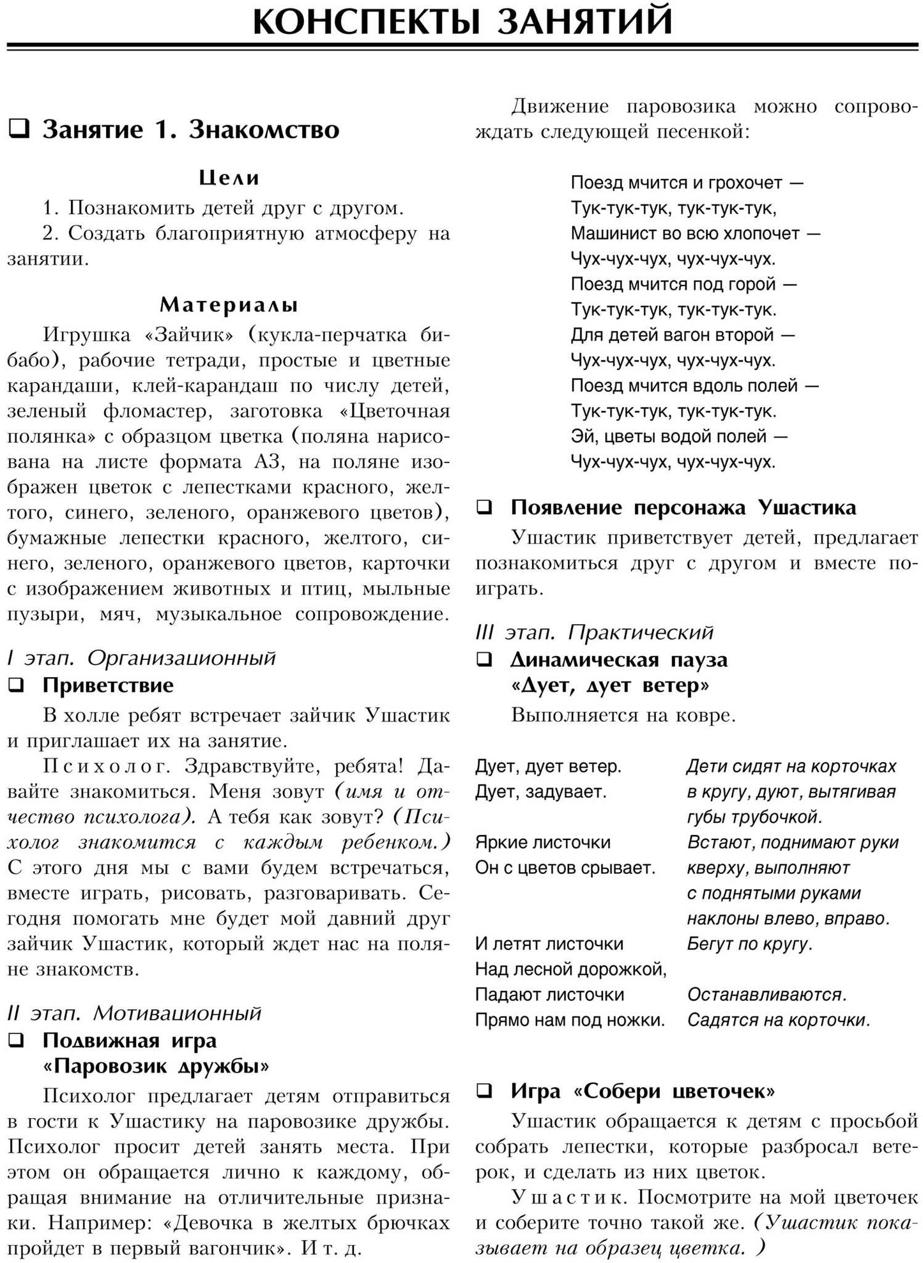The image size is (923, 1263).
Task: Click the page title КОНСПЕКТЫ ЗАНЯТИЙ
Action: pos(462,20)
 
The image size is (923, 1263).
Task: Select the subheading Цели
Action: pos(229,178)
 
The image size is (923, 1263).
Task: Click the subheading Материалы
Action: pos(229,305)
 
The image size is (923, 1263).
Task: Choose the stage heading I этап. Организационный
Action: pos(141,657)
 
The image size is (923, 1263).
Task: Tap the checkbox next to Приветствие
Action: pos(16,685)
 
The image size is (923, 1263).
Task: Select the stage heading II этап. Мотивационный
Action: pos(134,1013)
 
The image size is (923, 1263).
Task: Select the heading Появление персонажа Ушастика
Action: pos(683,507)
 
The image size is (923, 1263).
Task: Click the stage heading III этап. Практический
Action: pos(594,632)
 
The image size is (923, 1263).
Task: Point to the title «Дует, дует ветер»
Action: pos(610,685)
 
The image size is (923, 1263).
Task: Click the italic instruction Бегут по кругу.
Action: pos(749,944)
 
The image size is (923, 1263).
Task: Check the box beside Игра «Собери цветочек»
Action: pos(485,1091)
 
